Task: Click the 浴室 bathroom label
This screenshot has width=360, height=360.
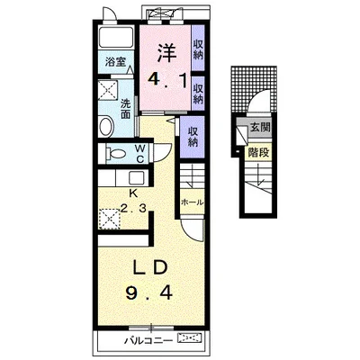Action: coord(115,62)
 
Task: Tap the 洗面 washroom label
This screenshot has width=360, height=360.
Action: coord(126,109)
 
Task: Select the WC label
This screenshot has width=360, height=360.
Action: coord(139,154)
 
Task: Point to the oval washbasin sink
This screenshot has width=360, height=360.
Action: coord(105,126)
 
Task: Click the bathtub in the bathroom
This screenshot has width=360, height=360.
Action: coord(116,37)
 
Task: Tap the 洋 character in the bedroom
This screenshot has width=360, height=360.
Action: coord(166,53)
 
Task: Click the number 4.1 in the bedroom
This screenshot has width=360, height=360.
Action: coord(166,80)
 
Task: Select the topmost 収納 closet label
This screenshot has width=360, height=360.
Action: coord(198,49)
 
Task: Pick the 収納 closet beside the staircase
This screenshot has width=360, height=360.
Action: coord(193,137)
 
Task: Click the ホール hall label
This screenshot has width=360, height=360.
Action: coord(193,202)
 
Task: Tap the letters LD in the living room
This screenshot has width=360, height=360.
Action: coord(150,268)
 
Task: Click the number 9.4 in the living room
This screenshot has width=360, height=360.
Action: coord(149,292)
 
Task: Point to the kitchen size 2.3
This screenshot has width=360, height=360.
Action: coord(133,208)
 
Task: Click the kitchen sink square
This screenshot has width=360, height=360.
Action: coord(137,178)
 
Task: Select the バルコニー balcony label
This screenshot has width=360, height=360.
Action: coord(148,340)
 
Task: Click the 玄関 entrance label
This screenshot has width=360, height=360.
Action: coord(260,128)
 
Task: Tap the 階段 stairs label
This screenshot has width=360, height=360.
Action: coord(258,153)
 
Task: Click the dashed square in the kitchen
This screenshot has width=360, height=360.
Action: coord(109,219)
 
